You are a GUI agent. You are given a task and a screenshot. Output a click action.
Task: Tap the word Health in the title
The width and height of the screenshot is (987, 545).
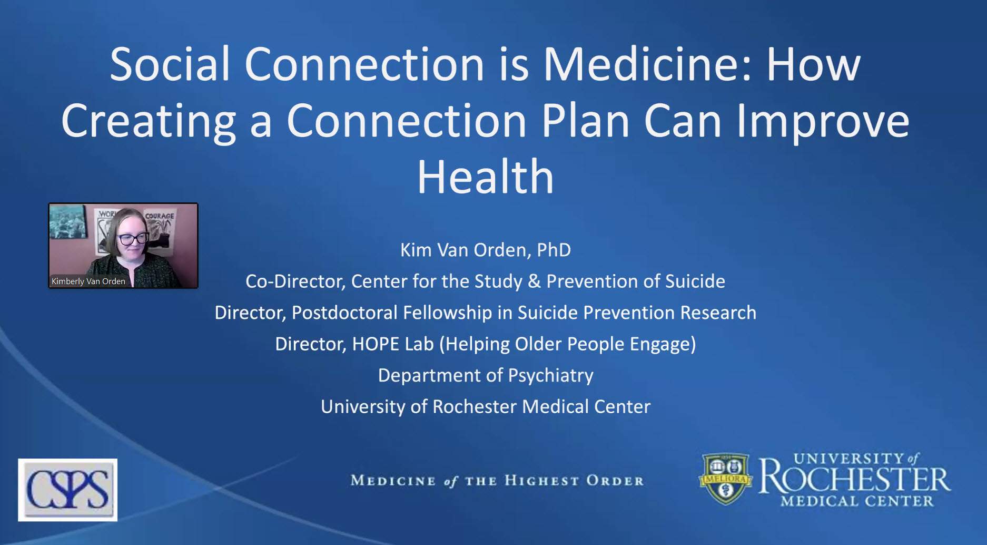(486, 177)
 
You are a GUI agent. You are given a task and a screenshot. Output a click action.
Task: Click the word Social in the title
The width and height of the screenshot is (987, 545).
(170, 64)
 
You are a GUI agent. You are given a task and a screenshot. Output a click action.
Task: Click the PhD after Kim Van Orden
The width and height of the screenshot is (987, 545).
(554, 250)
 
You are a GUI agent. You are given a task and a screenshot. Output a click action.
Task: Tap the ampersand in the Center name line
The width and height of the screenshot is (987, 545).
(534, 281)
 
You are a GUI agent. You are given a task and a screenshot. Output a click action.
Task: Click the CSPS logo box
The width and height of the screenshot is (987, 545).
(68, 490)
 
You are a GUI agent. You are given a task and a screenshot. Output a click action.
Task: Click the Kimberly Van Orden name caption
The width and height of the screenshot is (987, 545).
(88, 281)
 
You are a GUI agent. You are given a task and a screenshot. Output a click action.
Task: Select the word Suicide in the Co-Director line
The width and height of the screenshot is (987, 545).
(695, 281)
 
